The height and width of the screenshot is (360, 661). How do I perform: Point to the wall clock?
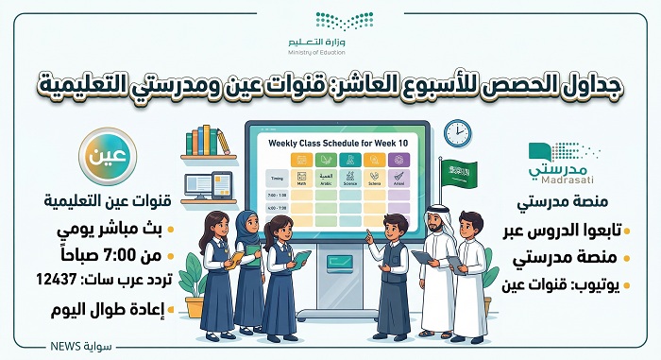(x=457, y=132)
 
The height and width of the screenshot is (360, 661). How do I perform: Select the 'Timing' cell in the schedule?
(x=277, y=176)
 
